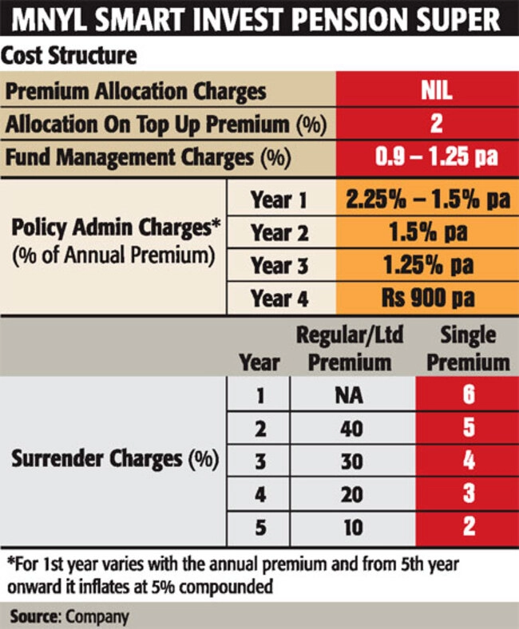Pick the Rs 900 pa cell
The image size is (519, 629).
pos(428,299)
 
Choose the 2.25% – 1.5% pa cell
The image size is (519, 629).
pos(428,200)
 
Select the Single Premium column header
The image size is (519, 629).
pos(467,348)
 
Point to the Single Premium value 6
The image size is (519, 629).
pos(468,395)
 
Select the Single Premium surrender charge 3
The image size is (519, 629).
pos(468,494)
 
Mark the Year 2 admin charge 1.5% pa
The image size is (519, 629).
pos(428,233)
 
